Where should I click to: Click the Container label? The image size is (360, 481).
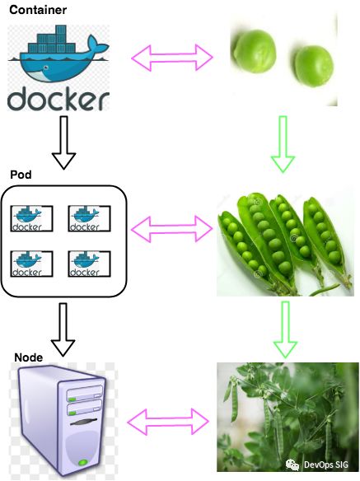pyautogui.click(x=38, y=10)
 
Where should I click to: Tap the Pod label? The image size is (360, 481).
pyautogui.click(x=21, y=175)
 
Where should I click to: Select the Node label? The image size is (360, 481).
pyautogui.click(x=29, y=357)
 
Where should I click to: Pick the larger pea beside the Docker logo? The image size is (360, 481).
pyautogui.click(x=254, y=51)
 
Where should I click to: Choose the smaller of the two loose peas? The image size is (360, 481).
pyautogui.click(x=313, y=66)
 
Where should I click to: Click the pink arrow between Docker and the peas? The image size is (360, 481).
pyautogui.click(x=172, y=58)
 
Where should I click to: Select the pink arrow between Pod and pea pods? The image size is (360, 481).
pyautogui.click(x=171, y=229)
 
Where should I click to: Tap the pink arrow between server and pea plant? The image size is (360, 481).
pyautogui.click(x=168, y=422)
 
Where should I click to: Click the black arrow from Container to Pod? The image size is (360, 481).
pyautogui.click(x=63, y=142)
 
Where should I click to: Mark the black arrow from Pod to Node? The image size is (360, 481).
pyautogui.click(x=63, y=329)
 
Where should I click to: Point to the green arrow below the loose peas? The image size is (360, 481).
pyautogui.click(x=283, y=144)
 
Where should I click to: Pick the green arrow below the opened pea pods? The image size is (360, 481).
pyautogui.click(x=285, y=329)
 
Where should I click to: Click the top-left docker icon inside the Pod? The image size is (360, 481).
pyautogui.click(x=31, y=218)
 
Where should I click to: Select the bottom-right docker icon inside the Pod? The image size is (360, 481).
pyautogui.click(x=89, y=264)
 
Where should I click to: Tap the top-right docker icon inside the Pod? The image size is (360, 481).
pyautogui.click(x=89, y=218)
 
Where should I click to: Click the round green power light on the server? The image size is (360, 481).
pyautogui.click(x=83, y=462)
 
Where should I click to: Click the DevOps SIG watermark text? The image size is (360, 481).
pyautogui.click(x=326, y=465)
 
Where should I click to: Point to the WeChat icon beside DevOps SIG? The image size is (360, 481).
pyautogui.click(x=292, y=465)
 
